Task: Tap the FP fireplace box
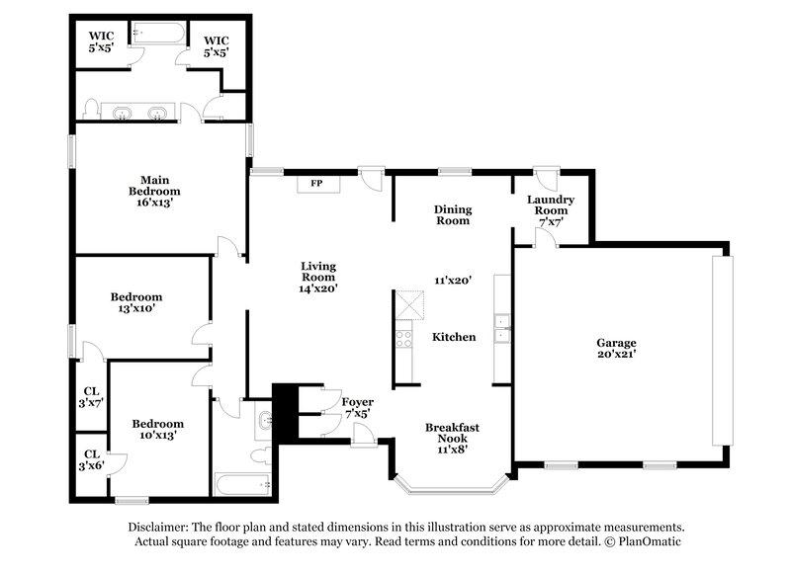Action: click(x=316, y=184)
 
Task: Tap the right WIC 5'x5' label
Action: click(x=216, y=46)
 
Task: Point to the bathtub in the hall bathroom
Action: click(x=243, y=484)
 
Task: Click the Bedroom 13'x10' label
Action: click(x=135, y=302)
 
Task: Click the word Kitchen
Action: click(x=454, y=337)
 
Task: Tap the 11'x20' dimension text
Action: click(x=452, y=281)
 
